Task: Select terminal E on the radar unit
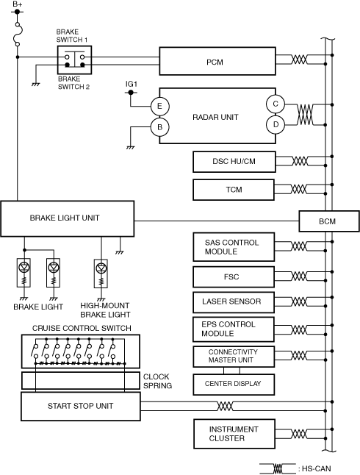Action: [x=160, y=107]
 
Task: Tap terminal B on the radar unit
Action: [x=160, y=127]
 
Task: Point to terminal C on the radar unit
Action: [x=276, y=104]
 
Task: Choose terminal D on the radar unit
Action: [x=276, y=124]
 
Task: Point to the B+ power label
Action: [x=18, y=4]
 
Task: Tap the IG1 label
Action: [x=132, y=84]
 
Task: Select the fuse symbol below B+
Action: [x=18, y=35]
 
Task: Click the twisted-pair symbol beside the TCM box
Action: [x=298, y=189]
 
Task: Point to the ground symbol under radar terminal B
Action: [x=131, y=148]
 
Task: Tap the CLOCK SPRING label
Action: [x=157, y=381]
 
